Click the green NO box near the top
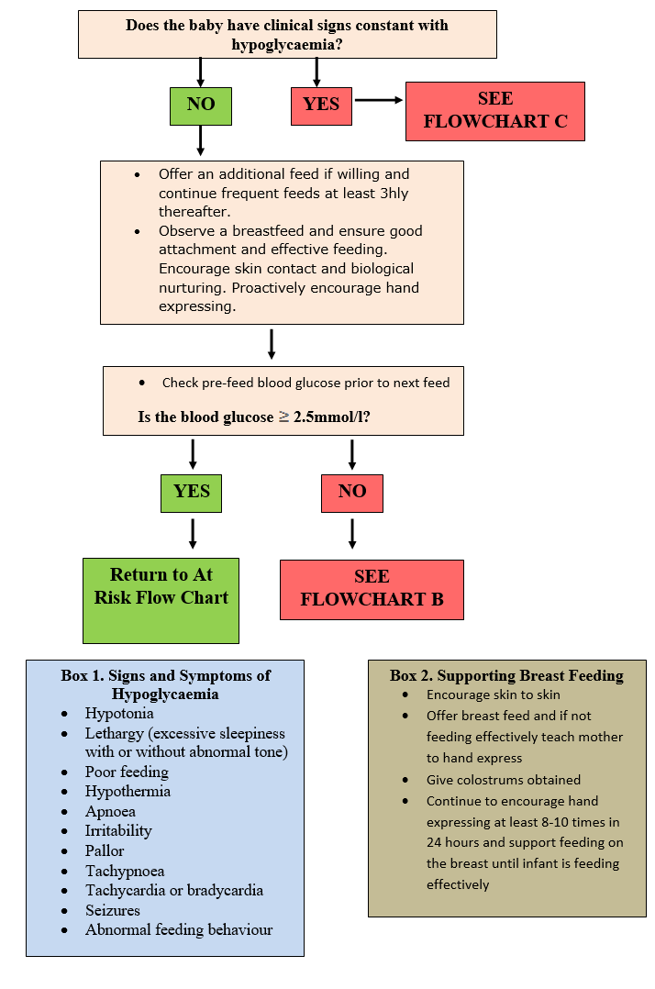click(x=201, y=105)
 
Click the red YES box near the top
click(x=321, y=105)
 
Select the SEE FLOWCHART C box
click(x=494, y=111)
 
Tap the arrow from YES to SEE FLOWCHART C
click(x=378, y=100)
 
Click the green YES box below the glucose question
click(x=192, y=492)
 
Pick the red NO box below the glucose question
click(x=352, y=492)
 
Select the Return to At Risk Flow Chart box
click(x=161, y=599)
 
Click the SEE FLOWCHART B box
click(x=372, y=589)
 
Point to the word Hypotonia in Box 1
click(x=119, y=713)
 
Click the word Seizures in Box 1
click(x=113, y=910)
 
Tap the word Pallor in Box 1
click(x=105, y=850)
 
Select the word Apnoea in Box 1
click(x=110, y=811)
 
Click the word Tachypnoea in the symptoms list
click(x=125, y=871)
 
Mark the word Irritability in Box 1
click(x=118, y=830)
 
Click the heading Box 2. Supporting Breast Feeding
click(x=506, y=675)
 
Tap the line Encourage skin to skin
click(x=493, y=695)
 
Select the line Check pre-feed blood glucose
click(x=305, y=383)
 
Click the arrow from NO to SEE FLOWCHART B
click(x=352, y=533)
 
